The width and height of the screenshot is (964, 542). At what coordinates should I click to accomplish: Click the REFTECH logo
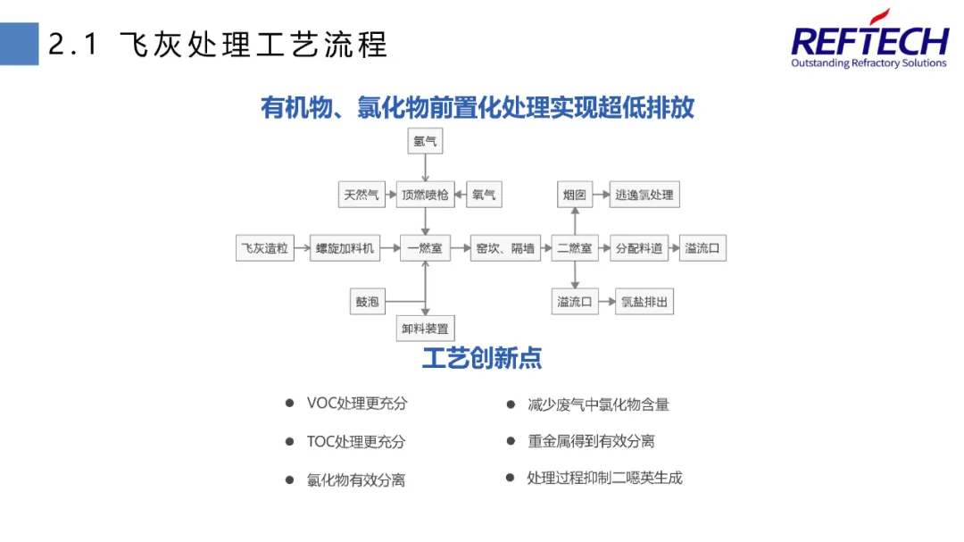(869, 41)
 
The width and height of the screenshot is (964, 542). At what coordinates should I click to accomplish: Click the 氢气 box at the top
(425, 141)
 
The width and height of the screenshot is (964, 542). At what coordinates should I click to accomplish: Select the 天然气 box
(361, 194)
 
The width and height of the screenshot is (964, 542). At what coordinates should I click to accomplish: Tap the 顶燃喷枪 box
(425, 194)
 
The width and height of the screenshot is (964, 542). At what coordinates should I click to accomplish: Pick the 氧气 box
(484, 194)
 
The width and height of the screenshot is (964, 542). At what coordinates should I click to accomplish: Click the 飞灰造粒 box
(265, 248)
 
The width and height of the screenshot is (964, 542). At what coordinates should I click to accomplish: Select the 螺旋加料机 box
(345, 248)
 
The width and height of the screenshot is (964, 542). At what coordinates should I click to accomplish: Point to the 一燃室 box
(425, 248)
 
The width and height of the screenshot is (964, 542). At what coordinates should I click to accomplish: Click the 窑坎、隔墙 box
(505, 248)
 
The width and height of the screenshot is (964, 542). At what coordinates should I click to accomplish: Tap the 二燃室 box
(575, 248)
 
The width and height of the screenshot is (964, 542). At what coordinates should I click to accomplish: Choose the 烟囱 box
(575, 194)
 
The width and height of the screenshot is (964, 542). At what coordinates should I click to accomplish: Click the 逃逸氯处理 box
(644, 194)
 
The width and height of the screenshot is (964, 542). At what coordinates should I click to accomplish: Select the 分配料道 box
(638, 248)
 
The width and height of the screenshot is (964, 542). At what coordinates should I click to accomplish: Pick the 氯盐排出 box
(644, 302)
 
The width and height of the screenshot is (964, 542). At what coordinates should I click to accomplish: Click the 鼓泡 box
(368, 302)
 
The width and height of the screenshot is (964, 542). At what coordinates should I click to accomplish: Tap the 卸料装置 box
(425, 329)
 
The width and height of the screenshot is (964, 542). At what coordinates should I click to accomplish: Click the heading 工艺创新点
(482, 358)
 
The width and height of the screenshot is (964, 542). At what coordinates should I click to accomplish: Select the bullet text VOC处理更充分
(357, 404)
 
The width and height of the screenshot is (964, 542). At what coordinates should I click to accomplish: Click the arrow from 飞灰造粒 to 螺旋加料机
(302, 248)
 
